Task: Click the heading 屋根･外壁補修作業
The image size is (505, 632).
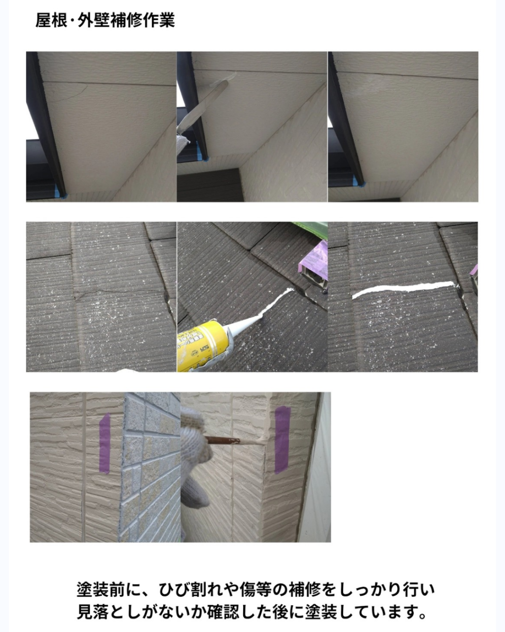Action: [x=105, y=20]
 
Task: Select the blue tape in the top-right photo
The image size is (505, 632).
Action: [x=361, y=182]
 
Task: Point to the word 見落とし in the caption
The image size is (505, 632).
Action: [x=109, y=612]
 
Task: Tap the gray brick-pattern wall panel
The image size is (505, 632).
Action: [x=151, y=467]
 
